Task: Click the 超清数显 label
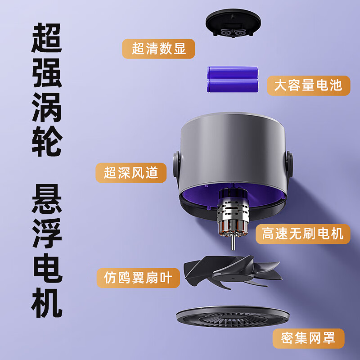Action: click(159, 49)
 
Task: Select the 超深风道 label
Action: click(131, 172)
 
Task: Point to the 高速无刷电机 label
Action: click(302, 234)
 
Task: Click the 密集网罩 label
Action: click(308, 339)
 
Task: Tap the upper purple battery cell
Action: click(233, 72)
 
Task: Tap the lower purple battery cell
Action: click(233, 85)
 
